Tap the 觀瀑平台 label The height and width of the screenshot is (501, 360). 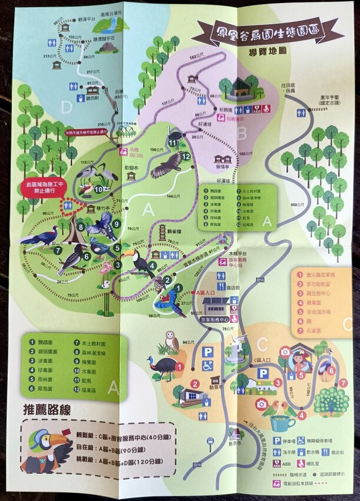(86, 19)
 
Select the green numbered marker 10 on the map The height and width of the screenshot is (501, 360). (98, 189)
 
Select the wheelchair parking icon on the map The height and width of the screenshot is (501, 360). (207, 366)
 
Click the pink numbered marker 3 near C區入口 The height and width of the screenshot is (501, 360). (276, 383)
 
